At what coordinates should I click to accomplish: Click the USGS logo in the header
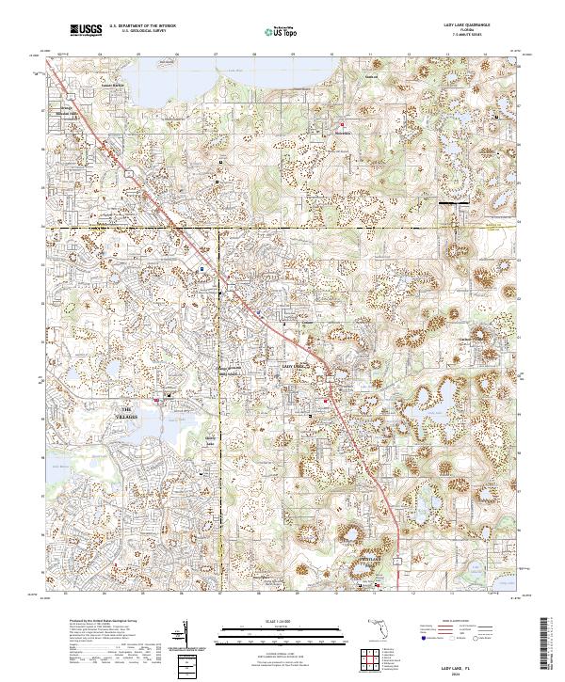click(x=85, y=30)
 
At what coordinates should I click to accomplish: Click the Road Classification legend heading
click(x=462, y=621)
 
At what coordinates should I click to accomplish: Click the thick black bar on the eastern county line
click(x=454, y=202)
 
